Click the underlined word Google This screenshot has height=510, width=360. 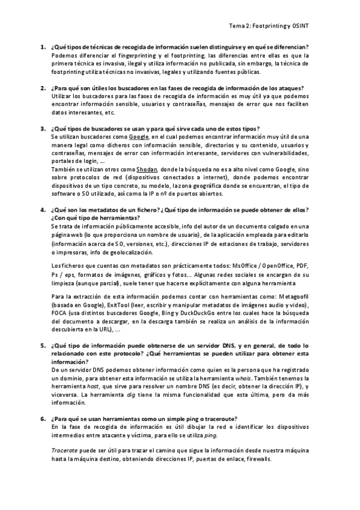tap(139, 137)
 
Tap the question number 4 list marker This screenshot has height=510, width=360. tap(43, 210)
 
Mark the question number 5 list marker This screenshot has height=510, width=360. tap(43, 346)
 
